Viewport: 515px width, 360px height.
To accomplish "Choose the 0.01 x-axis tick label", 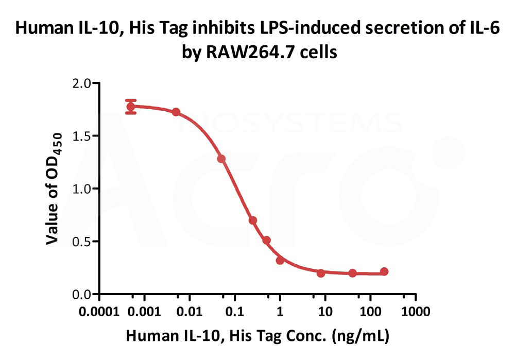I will click(190, 312).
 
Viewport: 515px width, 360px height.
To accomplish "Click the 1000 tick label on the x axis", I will click(416, 312).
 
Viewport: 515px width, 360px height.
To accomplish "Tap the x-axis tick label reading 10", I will click(325, 312).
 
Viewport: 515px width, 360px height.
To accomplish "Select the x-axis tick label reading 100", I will click(370, 312).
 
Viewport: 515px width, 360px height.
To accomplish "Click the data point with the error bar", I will click(131, 107).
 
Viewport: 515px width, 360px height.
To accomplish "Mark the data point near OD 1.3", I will click(221, 159).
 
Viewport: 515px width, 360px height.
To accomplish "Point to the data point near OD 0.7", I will click(253, 220).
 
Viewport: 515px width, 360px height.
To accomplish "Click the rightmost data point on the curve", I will click(384, 271).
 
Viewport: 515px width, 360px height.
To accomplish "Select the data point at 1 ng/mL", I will click(280, 261).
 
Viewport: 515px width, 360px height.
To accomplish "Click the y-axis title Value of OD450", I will click(55, 188).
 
